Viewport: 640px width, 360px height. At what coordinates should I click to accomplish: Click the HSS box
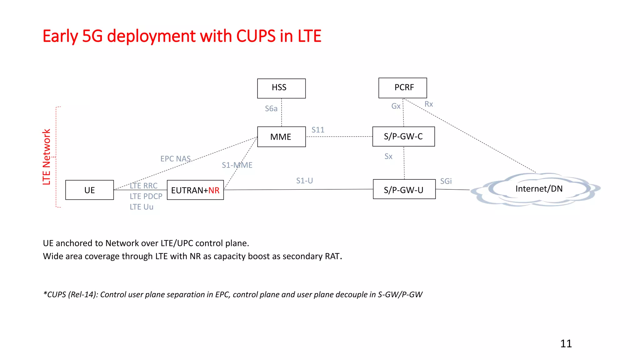tap(281, 88)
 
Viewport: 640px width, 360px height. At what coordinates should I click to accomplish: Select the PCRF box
tap(402, 88)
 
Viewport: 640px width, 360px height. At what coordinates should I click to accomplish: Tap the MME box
tap(281, 137)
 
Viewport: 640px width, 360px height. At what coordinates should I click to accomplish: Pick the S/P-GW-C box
tap(403, 137)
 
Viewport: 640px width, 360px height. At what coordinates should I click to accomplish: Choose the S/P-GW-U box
tap(404, 189)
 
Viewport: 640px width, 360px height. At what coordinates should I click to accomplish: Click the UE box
tap(89, 190)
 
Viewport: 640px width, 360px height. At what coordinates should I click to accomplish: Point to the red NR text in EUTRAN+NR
tap(214, 190)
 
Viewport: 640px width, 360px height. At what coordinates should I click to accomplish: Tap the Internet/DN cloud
tap(538, 189)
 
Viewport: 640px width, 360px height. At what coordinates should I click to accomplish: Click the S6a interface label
tap(271, 109)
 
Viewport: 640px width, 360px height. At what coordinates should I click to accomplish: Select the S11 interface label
tap(318, 130)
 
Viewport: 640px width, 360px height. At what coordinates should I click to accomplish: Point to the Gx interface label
tap(396, 106)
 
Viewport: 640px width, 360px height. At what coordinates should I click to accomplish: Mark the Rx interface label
tap(428, 104)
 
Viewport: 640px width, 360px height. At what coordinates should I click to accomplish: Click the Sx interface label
tap(388, 157)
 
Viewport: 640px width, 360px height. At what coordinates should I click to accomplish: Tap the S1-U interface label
tap(304, 181)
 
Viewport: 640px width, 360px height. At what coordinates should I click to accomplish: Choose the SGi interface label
tap(446, 181)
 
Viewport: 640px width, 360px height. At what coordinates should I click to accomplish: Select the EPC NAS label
tap(175, 159)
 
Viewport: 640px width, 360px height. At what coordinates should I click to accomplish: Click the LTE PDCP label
tap(146, 196)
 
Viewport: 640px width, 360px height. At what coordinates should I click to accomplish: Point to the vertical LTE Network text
tap(47, 157)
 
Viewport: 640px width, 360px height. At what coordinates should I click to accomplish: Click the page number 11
tap(566, 344)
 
